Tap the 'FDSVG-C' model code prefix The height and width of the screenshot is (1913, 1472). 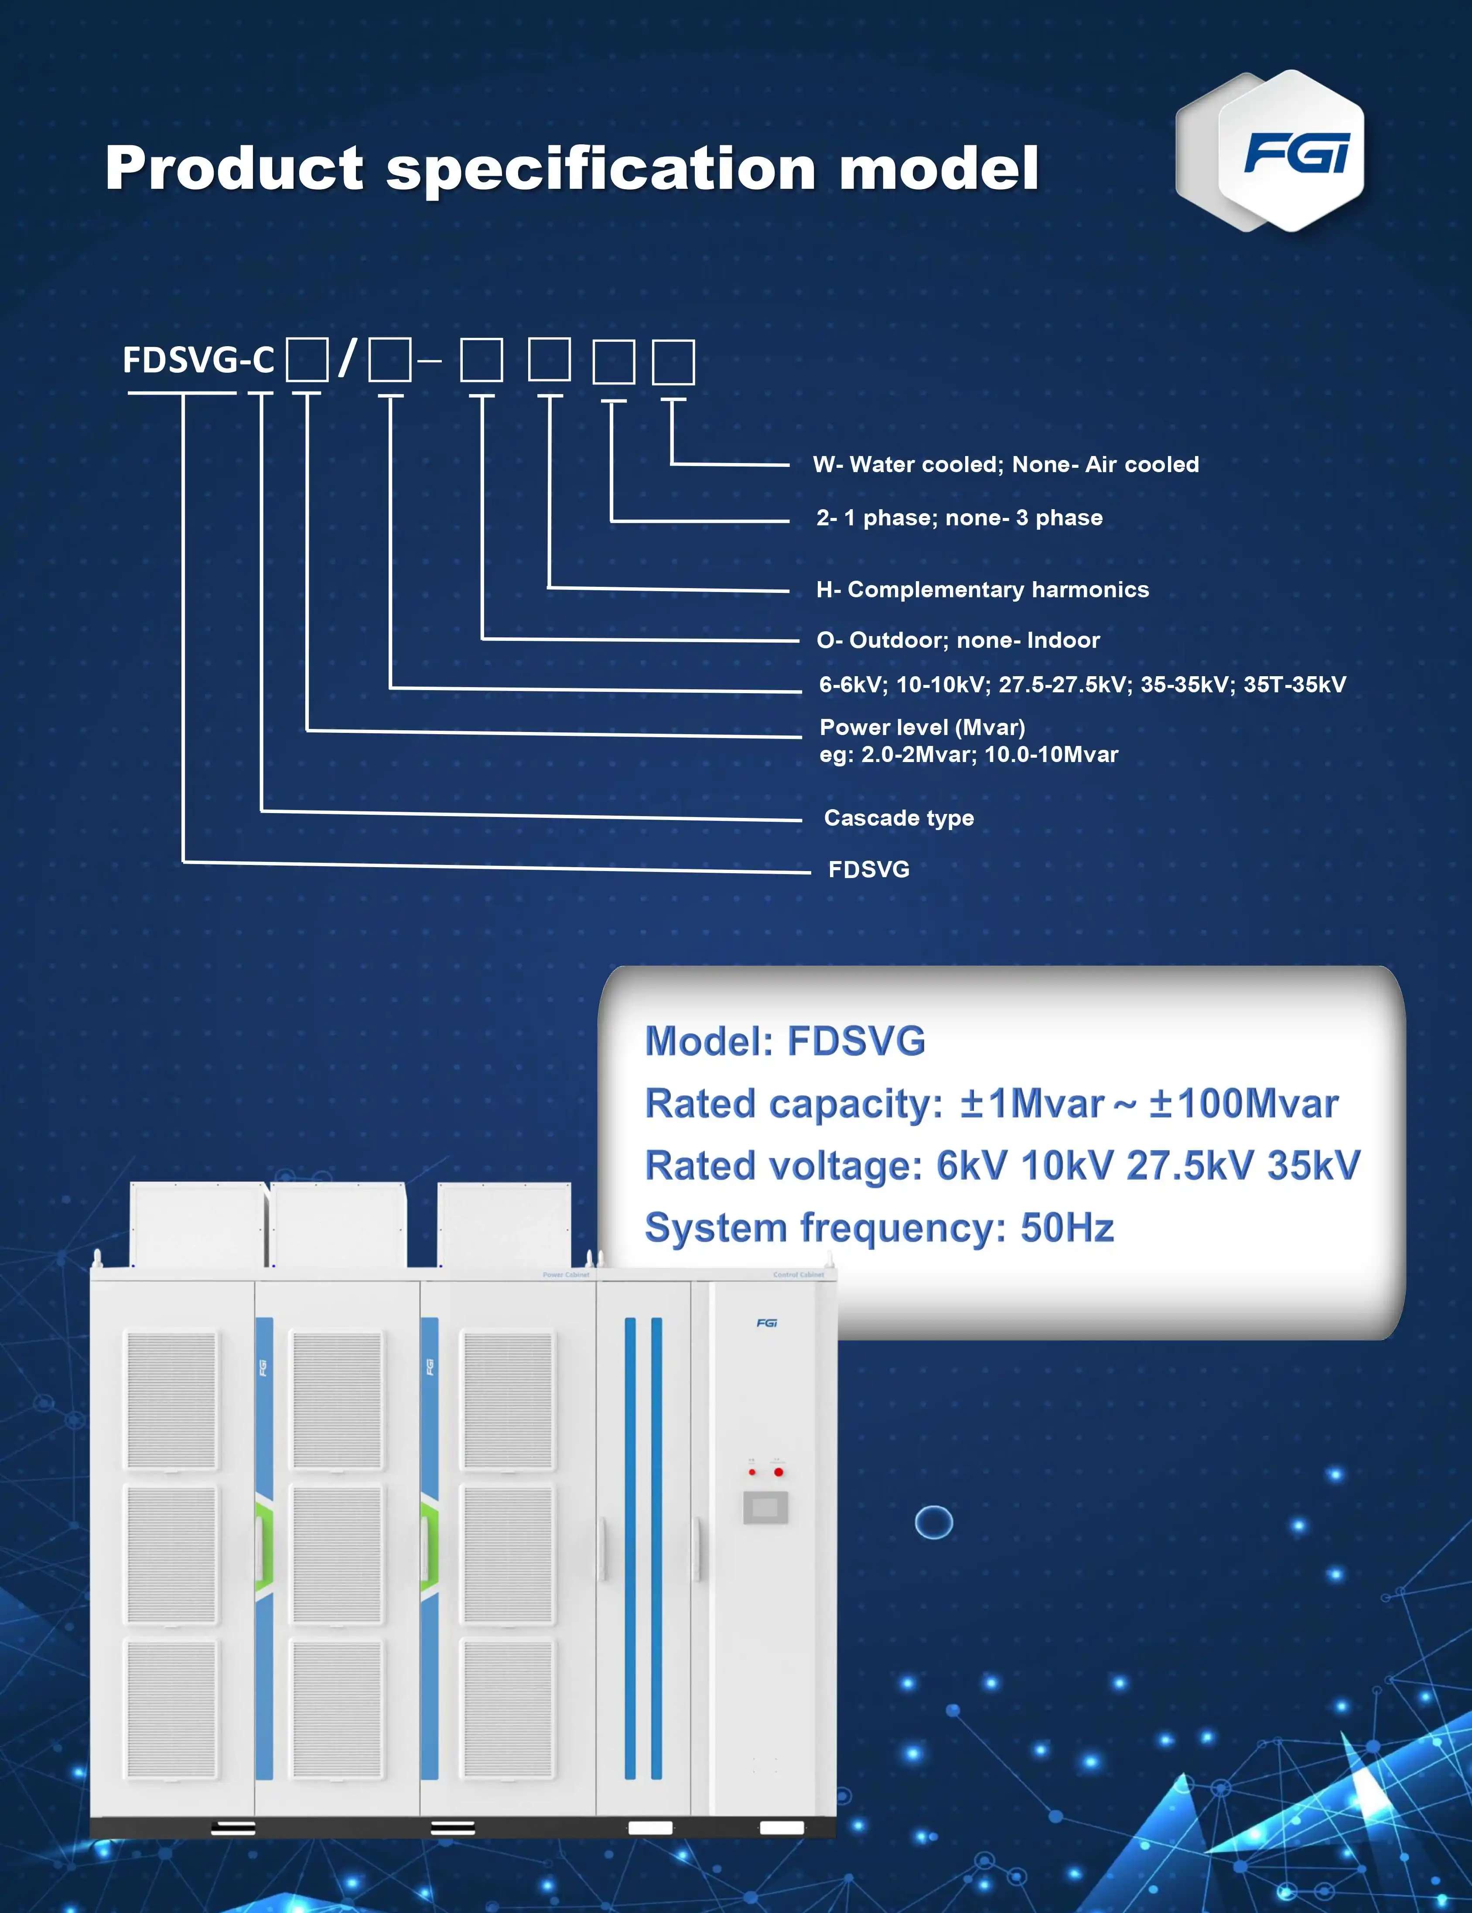pyautogui.click(x=198, y=360)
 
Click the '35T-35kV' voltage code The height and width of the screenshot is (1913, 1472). pyautogui.click(x=1294, y=685)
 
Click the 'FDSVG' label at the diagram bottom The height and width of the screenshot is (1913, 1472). pyautogui.click(x=868, y=870)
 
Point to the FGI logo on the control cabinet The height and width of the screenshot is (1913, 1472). pyautogui.click(x=767, y=1323)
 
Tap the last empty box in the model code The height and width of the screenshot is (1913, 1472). pyautogui.click(x=673, y=362)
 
